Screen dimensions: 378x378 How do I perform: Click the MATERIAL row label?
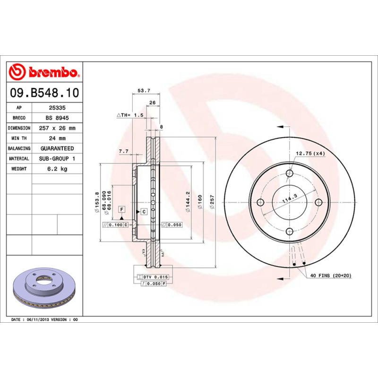click(x=19, y=159)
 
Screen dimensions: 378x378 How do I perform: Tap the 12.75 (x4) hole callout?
click(x=310, y=154)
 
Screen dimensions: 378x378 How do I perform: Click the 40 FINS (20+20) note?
click(x=331, y=275)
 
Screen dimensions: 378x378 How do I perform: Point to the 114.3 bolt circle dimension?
click(x=289, y=199)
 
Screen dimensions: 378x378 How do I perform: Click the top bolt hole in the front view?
click(x=289, y=173)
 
